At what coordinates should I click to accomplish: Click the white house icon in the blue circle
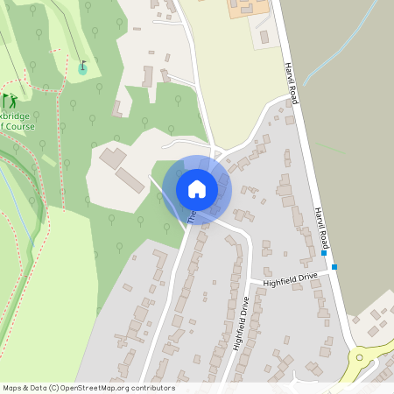(x=197, y=188)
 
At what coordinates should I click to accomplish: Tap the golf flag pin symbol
(x=83, y=67)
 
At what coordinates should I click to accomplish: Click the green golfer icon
(x=10, y=101)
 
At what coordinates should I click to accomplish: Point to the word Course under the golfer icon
(x=18, y=125)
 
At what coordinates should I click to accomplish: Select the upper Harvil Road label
(x=292, y=84)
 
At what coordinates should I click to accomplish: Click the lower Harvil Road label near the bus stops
(x=322, y=229)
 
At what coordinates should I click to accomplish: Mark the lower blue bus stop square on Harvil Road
(x=334, y=266)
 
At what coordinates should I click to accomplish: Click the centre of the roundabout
(x=360, y=358)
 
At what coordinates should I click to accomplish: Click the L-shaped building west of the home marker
(x=111, y=158)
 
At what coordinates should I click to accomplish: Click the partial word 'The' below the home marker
(x=191, y=215)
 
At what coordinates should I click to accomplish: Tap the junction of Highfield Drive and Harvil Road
(x=336, y=273)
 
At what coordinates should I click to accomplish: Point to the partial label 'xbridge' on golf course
(x=17, y=114)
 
